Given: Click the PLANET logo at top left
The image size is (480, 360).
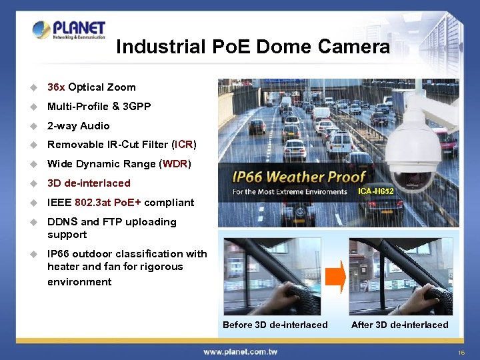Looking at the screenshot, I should [x=69, y=29].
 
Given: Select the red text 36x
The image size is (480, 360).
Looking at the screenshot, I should [x=56, y=87].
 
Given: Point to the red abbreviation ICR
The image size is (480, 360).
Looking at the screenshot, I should [x=184, y=145].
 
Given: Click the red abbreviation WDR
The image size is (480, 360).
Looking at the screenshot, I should [x=177, y=164].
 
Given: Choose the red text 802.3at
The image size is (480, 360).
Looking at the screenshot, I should [x=94, y=203].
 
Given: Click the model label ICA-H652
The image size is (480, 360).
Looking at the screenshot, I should [x=376, y=191].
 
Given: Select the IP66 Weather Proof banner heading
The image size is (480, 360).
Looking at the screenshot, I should [x=299, y=177].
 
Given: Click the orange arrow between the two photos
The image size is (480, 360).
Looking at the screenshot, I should [x=336, y=275].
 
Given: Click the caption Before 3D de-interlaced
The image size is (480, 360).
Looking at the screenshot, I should [x=275, y=325].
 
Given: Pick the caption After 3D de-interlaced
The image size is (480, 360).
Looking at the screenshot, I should [x=399, y=325].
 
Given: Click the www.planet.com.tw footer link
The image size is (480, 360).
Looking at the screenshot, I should [x=240, y=351].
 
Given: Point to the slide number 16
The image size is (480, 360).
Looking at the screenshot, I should [x=461, y=352].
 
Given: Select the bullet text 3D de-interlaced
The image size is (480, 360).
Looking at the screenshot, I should [x=89, y=183].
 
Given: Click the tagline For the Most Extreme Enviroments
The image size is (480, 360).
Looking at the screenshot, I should [x=290, y=192].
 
